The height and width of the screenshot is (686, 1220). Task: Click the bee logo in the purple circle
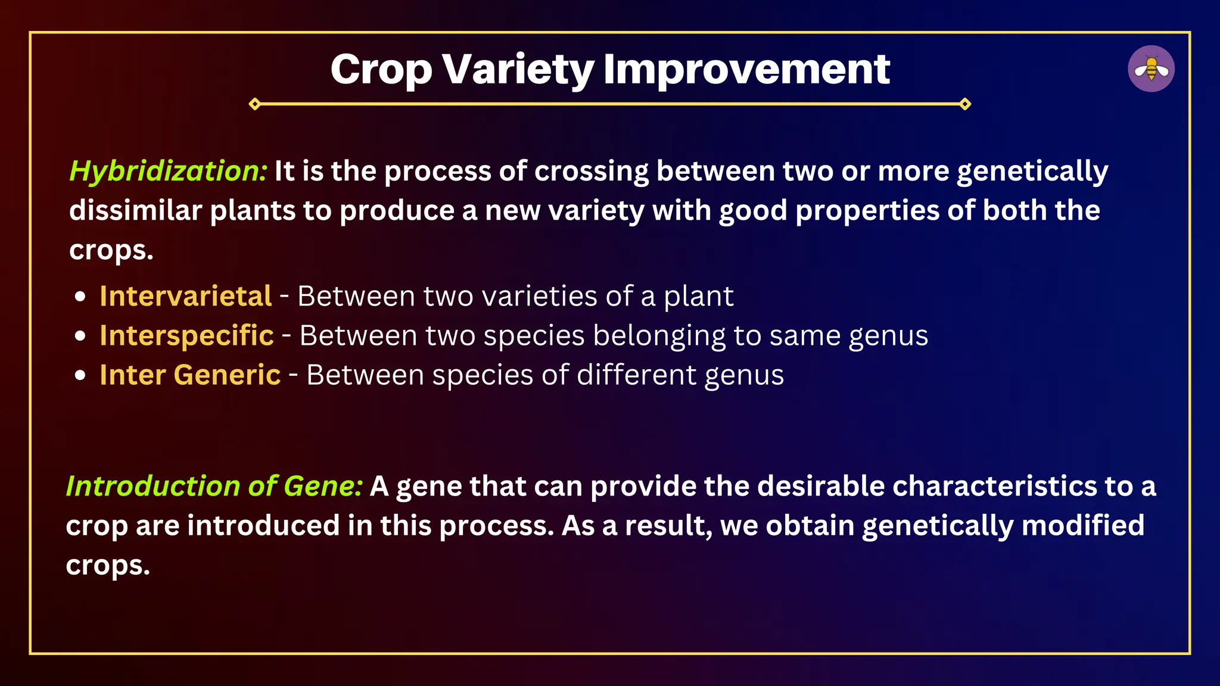coord(1151,68)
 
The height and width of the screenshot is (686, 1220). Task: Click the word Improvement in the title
coord(746,69)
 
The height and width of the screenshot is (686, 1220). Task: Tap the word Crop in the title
coord(381,69)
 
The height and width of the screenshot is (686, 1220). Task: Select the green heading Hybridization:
coord(169,171)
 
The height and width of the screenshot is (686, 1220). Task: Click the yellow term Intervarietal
coord(185,296)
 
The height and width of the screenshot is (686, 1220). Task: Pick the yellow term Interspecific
coord(186,335)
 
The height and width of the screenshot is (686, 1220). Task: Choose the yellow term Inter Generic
coord(190,375)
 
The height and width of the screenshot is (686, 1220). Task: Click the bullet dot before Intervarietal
coord(81,297)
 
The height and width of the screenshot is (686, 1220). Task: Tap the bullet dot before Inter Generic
coord(81,375)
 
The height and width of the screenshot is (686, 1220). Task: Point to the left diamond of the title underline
coord(255,104)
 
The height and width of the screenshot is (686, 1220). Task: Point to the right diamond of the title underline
coord(965,104)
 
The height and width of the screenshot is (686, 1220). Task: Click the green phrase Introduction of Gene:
coord(214,486)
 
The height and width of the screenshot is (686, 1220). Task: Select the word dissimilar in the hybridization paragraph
coord(135,211)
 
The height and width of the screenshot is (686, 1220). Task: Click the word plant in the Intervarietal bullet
coord(698,297)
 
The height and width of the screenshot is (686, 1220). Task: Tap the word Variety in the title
coord(518,69)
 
